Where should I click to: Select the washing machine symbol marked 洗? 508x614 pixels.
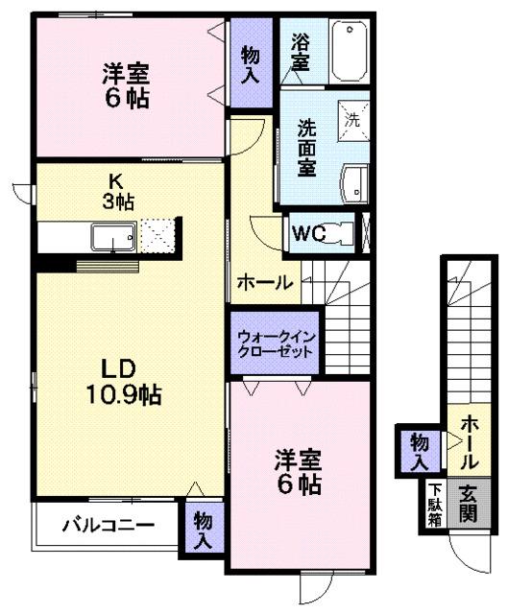click(x=351, y=120)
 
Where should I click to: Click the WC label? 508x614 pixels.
click(x=307, y=233)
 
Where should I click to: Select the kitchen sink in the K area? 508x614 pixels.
click(x=112, y=237)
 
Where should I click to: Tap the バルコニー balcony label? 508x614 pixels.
click(x=109, y=526)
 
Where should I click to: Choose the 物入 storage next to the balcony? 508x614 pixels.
click(x=203, y=531)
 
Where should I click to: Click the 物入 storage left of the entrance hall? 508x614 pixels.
click(x=420, y=450)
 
